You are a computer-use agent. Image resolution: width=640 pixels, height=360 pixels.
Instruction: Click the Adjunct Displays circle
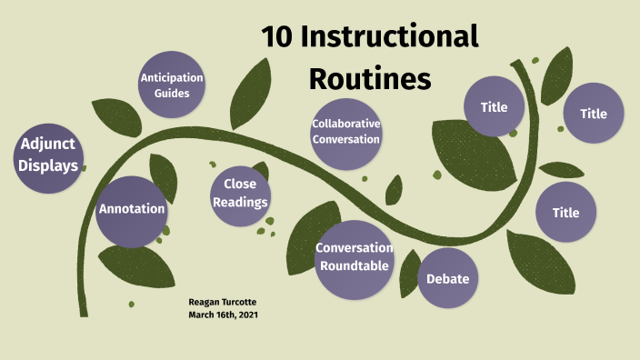click(47, 155)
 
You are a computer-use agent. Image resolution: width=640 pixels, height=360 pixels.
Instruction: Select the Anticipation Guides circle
click(171, 85)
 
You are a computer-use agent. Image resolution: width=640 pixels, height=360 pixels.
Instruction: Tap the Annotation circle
click(132, 210)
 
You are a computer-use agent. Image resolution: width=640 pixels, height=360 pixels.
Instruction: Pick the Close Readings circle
click(240, 194)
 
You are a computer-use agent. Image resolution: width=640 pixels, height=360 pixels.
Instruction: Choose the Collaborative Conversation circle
click(345, 133)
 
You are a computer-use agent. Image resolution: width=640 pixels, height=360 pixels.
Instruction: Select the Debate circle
click(447, 278)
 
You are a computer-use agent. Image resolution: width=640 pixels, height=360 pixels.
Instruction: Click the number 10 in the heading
click(278, 37)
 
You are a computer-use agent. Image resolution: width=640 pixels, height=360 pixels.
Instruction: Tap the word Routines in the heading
click(369, 79)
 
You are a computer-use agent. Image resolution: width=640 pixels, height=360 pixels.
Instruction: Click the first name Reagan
click(206, 302)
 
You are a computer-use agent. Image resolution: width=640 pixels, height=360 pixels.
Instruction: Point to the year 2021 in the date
click(252, 315)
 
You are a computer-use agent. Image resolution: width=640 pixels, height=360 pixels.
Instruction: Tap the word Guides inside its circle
click(171, 93)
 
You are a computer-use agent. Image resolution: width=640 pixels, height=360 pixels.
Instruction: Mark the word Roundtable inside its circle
click(354, 265)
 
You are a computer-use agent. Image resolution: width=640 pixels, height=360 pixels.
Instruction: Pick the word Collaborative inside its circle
click(345, 125)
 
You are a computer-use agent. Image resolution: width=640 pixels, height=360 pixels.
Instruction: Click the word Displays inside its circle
click(47, 165)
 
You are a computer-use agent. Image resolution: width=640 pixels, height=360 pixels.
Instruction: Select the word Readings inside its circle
click(240, 202)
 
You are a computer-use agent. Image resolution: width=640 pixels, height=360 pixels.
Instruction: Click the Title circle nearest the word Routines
click(494, 107)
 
